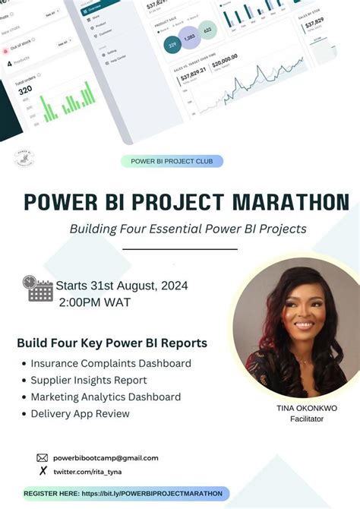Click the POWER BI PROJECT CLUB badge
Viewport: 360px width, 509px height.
(x=172, y=161)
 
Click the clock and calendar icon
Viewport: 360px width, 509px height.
(x=38, y=289)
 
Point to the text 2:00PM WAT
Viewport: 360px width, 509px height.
(x=95, y=302)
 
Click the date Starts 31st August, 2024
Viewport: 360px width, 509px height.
(x=122, y=286)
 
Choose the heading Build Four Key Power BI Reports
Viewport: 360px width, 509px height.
(x=112, y=343)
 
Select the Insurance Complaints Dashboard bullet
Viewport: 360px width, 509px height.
(x=111, y=363)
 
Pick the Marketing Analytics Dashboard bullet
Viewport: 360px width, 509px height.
(x=106, y=397)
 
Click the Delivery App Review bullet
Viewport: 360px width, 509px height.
(x=80, y=413)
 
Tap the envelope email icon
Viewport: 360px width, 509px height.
(x=43, y=458)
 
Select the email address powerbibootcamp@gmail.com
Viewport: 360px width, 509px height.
(x=106, y=458)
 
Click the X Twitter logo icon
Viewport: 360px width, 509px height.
(x=43, y=471)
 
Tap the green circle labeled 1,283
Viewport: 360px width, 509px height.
(x=190, y=37)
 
